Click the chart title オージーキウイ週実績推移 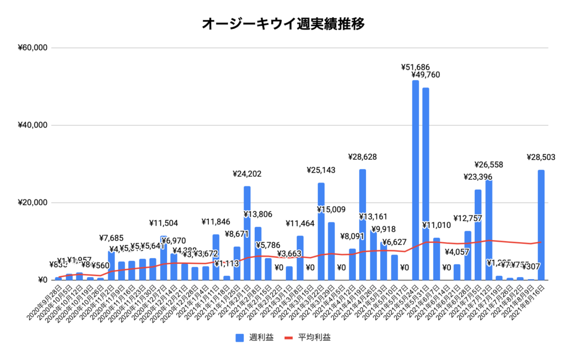283,24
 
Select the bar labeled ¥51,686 415,182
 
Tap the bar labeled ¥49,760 426,185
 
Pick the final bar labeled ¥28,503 541,227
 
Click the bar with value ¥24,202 247,235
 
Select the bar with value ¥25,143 321,232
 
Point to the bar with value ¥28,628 363,227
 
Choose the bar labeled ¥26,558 489,229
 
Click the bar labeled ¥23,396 478,235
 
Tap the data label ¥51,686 415,67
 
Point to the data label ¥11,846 216,223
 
